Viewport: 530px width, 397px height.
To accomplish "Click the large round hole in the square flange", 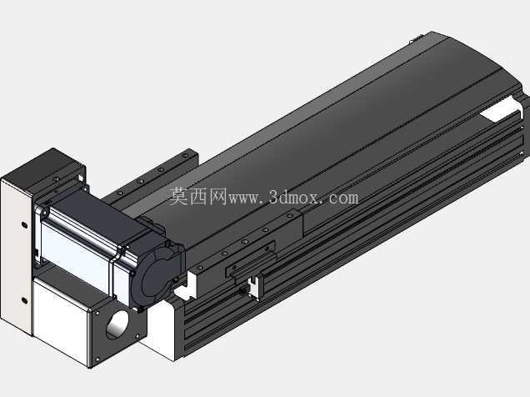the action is tap(117, 324).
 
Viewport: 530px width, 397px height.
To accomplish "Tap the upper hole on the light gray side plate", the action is tap(24, 224).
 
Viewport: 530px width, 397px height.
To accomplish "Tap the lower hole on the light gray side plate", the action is tap(24, 300).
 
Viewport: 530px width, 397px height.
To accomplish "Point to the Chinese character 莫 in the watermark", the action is tap(178, 197).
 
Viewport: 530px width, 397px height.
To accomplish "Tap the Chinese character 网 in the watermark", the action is tap(217, 197).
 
